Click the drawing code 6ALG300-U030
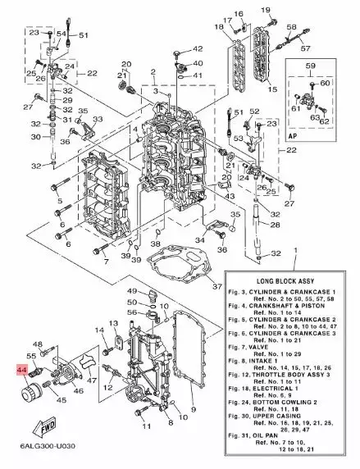(41, 458)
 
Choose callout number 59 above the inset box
(311, 66)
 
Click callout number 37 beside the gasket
(216, 286)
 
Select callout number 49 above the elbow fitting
(132, 292)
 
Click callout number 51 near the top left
(83, 35)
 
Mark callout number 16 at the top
(239, 14)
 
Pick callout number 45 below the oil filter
(61, 401)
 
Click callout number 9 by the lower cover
(194, 408)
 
